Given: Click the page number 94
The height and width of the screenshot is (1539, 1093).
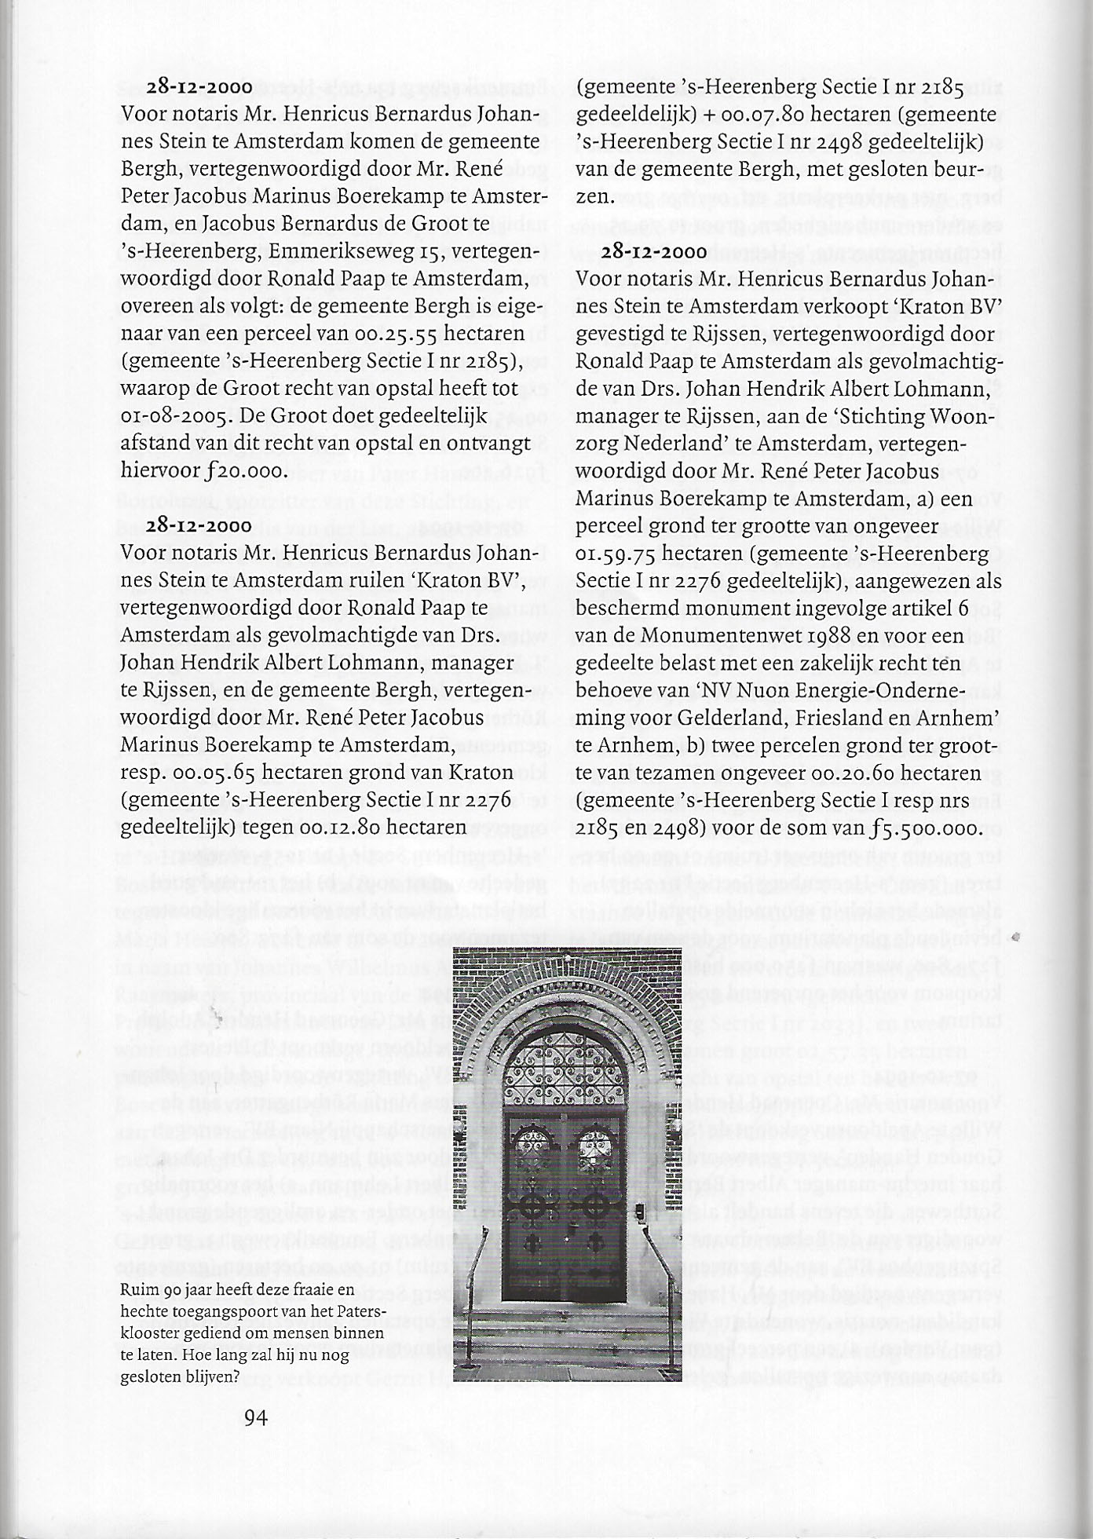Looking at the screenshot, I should tap(257, 1417).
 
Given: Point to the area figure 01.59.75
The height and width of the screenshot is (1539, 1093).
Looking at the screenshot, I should tap(616, 554).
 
